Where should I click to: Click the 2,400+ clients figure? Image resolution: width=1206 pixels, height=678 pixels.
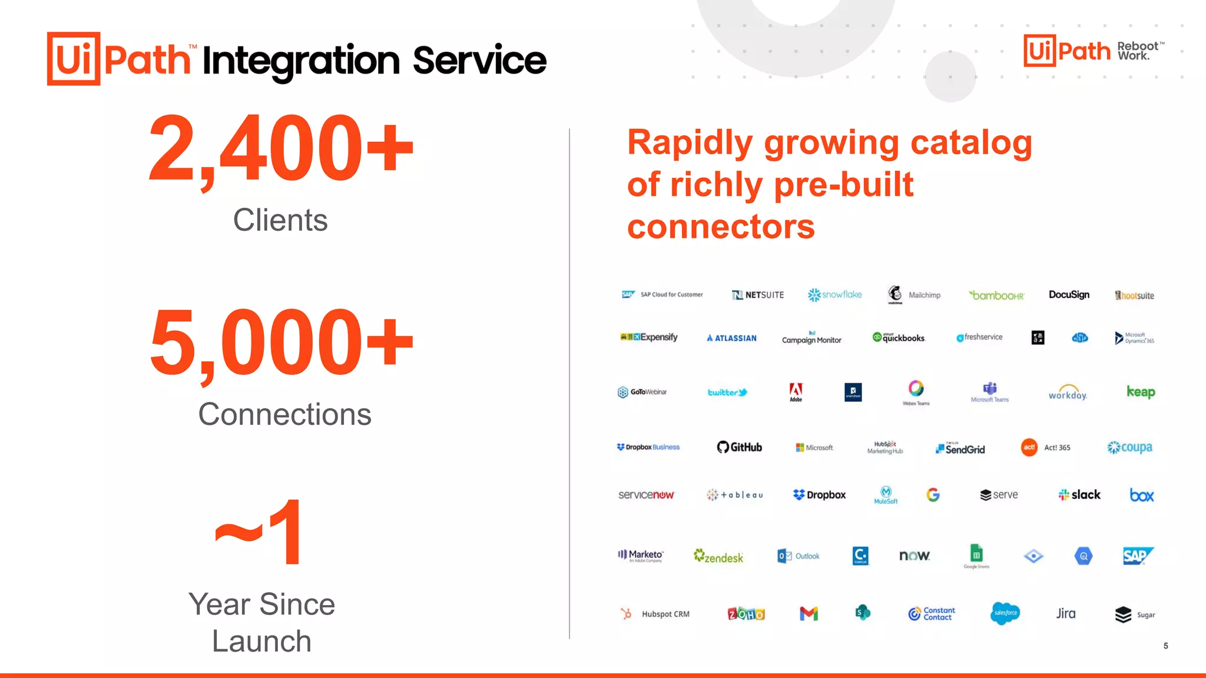(x=281, y=148)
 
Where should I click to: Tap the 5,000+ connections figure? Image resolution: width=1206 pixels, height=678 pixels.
(x=281, y=343)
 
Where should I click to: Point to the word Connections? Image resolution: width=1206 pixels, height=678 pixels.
(x=284, y=414)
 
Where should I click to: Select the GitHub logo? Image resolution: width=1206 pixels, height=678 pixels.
(x=739, y=447)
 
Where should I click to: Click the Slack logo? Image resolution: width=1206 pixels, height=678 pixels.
(x=1079, y=495)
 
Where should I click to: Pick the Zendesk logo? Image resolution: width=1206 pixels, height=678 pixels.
(x=718, y=557)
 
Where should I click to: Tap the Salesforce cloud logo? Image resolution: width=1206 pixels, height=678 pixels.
(x=1005, y=613)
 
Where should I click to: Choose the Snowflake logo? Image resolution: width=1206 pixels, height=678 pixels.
(x=834, y=295)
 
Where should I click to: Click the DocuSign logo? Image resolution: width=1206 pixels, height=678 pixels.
(x=1069, y=295)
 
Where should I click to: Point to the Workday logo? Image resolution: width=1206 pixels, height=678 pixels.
(x=1067, y=393)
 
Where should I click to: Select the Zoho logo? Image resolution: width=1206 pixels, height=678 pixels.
(x=746, y=614)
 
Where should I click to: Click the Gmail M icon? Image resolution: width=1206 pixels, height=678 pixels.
(x=809, y=614)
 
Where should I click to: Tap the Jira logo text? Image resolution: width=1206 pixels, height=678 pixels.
(x=1065, y=614)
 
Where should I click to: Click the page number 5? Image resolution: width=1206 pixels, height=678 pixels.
(x=1165, y=646)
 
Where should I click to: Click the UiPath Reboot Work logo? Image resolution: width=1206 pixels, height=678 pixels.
(x=1094, y=51)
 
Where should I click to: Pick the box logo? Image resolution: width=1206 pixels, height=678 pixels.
(x=1141, y=496)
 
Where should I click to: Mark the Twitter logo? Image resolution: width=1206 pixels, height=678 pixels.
(x=727, y=393)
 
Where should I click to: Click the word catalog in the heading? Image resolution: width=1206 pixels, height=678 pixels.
(x=971, y=143)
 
